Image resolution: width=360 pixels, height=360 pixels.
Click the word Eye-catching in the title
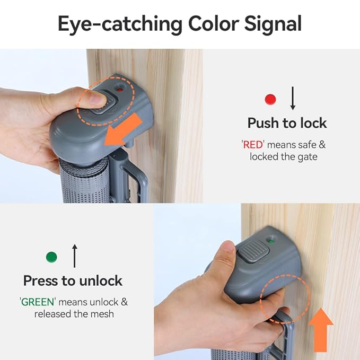click(120, 24)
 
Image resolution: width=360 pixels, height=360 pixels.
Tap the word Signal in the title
click(273, 24)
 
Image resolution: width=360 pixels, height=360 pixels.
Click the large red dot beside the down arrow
click(270, 99)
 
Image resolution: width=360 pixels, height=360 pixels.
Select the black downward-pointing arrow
click(293, 98)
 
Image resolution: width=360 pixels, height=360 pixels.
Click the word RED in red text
click(253, 145)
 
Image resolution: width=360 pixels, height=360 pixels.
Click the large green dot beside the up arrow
click(51, 257)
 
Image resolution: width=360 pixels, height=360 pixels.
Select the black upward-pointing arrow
click(75, 256)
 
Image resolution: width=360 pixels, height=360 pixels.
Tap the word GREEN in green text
click(38, 302)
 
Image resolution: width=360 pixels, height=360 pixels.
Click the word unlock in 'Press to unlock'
click(101, 280)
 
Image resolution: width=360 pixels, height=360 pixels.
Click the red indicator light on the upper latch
click(119, 89)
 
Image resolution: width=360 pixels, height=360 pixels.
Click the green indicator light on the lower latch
click(271, 241)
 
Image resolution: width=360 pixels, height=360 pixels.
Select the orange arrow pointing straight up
click(321, 330)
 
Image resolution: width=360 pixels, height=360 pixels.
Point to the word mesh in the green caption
click(102, 314)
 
